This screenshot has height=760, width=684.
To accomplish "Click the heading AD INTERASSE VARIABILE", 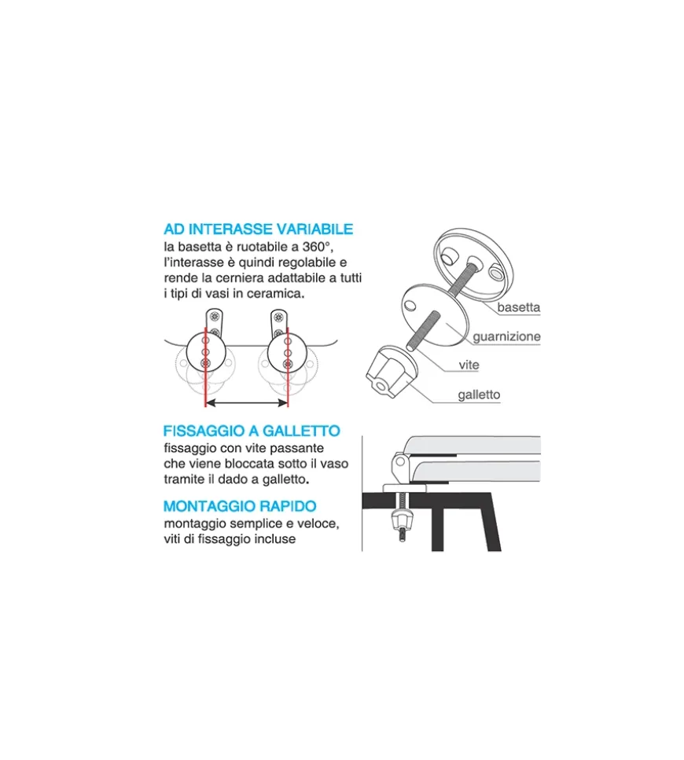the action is pyautogui.click(x=259, y=229).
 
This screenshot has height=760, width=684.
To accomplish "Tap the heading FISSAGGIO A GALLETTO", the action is pyautogui.click(x=252, y=431).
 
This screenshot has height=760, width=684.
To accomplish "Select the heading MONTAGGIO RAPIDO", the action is pyautogui.click(x=240, y=506).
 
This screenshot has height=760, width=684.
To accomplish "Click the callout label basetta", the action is pyautogui.click(x=518, y=307).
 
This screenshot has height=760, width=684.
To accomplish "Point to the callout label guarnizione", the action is pyautogui.click(x=506, y=337).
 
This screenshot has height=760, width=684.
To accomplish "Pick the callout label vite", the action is pyautogui.click(x=469, y=365).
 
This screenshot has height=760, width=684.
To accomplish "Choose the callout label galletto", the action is pyautogui.click(x=479, y=395).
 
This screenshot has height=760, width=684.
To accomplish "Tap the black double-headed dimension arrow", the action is pyautogui.click(x=247, y=402).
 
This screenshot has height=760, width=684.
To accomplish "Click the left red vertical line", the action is pyautogui.click(x=206, y=367).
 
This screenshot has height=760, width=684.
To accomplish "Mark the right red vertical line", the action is pyautogui.click(x=288, y=367).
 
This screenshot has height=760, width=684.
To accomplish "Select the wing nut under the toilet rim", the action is pyautogui.click(x=401, y=520).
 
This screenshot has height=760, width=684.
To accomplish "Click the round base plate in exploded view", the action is pyautogui.click(x=473, y=264).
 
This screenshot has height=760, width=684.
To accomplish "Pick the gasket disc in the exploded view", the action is pyautogui.click(x=436, y=315).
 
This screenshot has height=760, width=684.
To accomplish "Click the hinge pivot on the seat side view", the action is pyautogui.click(x=399, y=461).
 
